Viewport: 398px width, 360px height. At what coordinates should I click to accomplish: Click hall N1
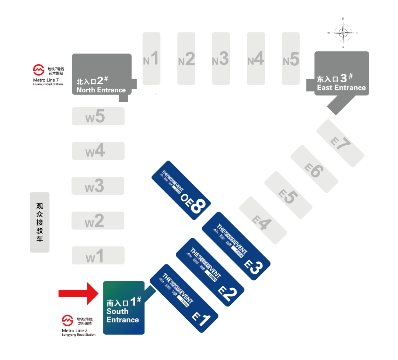(x=151, y=58)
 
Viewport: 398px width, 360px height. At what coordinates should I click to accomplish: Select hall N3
(x=221, y=58)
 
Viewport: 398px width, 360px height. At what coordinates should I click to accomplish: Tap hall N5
(x=291, y=58)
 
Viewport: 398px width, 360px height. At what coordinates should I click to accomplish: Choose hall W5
(x=98, y=116)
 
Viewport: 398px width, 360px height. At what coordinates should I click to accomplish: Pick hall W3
(x=98, y=186)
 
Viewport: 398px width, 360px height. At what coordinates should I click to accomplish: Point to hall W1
(x=98, y=255)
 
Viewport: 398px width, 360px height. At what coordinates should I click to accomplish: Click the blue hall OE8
(x=181, y=190)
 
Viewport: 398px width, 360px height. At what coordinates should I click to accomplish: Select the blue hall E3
(x=236, y=246)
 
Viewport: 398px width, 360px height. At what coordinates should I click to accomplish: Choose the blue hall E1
(x=184, y=298)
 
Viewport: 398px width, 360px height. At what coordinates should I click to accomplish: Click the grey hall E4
(x=263, y=220)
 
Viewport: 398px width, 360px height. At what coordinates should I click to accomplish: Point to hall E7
(x=340, y=143)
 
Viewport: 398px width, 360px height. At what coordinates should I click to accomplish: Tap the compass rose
(x=343, y=32)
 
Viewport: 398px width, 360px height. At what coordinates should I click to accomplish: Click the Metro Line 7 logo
(x=39, y=70)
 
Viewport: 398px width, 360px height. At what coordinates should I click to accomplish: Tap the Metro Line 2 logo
(x=67, y=321)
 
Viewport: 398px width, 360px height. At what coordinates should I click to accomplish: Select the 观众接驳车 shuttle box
(x=39, y=222)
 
